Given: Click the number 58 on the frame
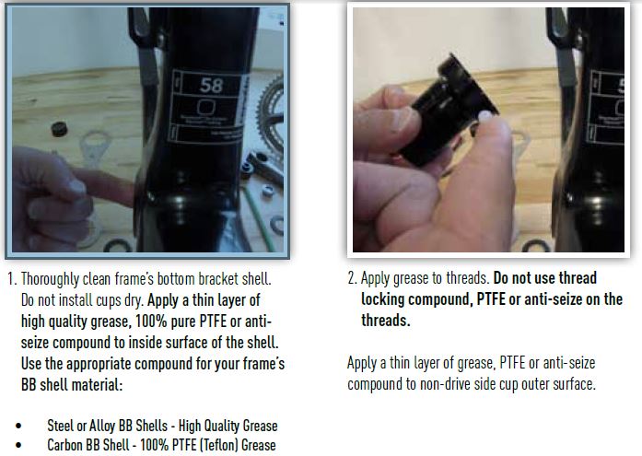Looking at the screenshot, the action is click(x=211, y=86).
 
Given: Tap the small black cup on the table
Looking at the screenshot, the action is click(x=59, y=129).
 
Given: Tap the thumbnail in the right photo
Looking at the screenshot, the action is click(x=485, y=116).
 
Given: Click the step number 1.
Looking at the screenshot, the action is click(x=11, y=279).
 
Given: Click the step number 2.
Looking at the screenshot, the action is click(x=352, y=278).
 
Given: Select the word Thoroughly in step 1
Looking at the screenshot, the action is click(x=51, y=279).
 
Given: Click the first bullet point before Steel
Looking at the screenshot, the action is click(x=18, y=426).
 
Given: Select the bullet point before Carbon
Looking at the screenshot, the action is click(x=18, y=445).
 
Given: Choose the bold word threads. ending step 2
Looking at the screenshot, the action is click(x=385, y=320).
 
